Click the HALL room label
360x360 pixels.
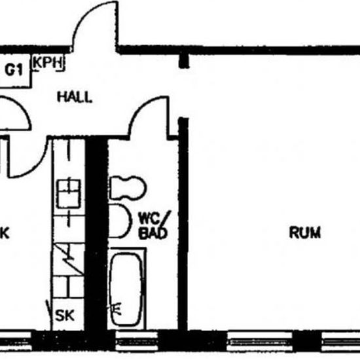click(x=75, y=97)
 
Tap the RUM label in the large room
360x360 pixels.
click(x=304, y=232)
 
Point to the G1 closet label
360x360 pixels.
click(x=14, y=70)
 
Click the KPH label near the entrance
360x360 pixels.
click(x=48, y=62)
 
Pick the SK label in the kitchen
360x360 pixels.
click(x=65, y=315)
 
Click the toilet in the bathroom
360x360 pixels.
click(x=128, y=188)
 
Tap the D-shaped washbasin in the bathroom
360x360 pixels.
click(x=119, y=221)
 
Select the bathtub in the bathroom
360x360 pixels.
click(x=126, y=289)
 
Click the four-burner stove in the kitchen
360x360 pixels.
click(x=69, y=194)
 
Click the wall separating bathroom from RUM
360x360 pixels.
click(x=183, y=224)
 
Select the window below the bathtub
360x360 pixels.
click(x=137, y=341)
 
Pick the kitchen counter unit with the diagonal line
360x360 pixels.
click(x=69, y=259)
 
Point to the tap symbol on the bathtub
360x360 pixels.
click(x=116, y=308)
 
